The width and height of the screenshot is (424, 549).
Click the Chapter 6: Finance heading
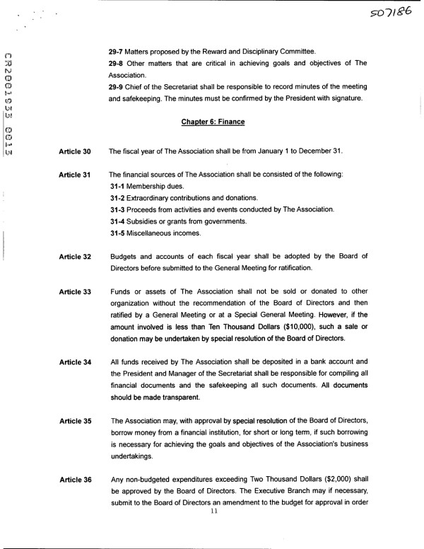[x=212, y=122]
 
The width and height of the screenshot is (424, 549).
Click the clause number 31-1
[x=118, y=185]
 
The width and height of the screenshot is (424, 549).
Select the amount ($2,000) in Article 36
[x=312, y=480]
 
